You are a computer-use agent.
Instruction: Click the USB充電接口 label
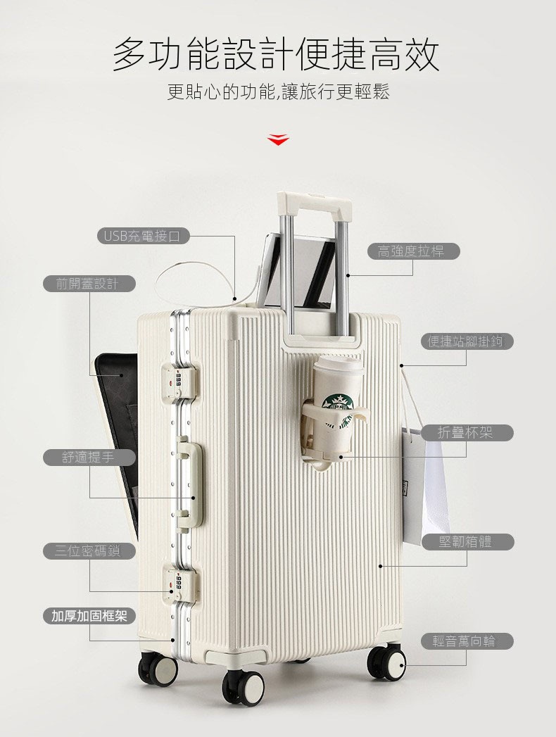[x=144, y=236]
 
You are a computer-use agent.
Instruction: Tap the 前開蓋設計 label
[x=89, y=284]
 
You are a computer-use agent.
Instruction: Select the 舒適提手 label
[x=89, y=457]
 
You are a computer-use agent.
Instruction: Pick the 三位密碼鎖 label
[x=89, y=551]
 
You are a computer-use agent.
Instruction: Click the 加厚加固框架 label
[x=89, y=616]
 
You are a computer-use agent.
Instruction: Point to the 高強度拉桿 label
[x=414, y=251]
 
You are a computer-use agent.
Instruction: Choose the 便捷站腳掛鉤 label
[x=467, y=341]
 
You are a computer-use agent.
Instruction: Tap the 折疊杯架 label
[x=467, y=432]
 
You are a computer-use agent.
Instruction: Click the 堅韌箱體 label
[x=467, y=542]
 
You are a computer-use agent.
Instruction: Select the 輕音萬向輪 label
[x=467, y=641]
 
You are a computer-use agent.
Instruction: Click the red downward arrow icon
[x=278, y=139]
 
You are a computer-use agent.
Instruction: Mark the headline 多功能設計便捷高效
[x=277, y=54]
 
